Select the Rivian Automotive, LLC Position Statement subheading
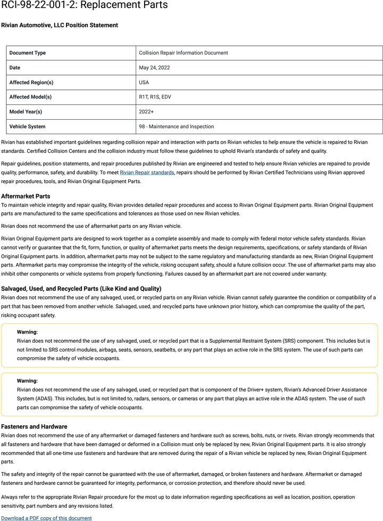pos(60,25)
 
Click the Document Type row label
pos(28,53)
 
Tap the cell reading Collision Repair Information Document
pos(184,53)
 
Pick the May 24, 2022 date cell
pos(154,68)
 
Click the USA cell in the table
pos(144,82)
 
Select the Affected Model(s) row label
pos(30,97)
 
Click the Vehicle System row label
pos(27,127)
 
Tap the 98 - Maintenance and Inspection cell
pos(176,127)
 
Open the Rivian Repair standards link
pos(147,172)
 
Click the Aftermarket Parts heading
pos(26,196)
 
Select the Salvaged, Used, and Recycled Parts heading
pos(81,288)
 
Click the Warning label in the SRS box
pos(27,332)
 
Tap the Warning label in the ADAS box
pos(27,381)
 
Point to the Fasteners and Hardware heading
pos(34,427)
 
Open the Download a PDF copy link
pos(46,518)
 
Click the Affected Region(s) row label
pos(31,82)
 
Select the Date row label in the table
pos(15,68)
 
